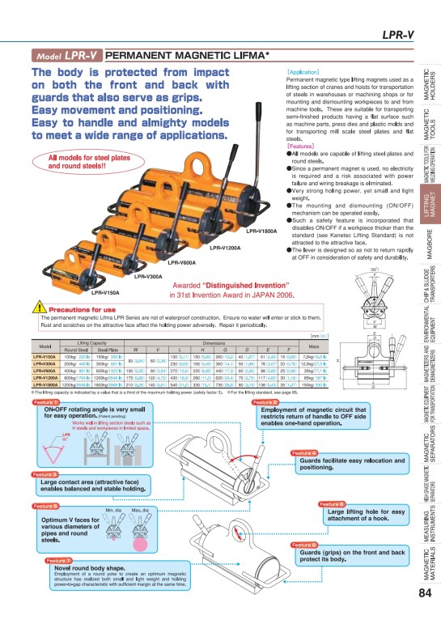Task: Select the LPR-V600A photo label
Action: pos(182,240)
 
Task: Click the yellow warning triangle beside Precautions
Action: pos(38,308)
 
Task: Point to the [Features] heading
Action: pos(302,146)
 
